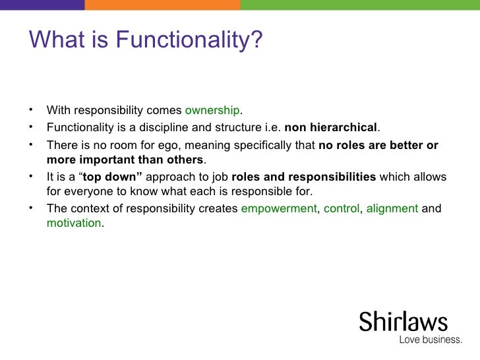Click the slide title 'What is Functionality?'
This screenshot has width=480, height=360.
(x=146, y=42)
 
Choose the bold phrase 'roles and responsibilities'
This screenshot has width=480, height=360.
(x=304, y=178)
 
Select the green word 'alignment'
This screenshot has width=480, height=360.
(x=392, y=209)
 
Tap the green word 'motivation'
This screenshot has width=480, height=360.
(x=74, y=223)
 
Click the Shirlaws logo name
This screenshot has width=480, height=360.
(x=403, y=322)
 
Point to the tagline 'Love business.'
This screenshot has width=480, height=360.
(x=431, y=340)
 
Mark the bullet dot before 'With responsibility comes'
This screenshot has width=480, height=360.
(x=32, y=109)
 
